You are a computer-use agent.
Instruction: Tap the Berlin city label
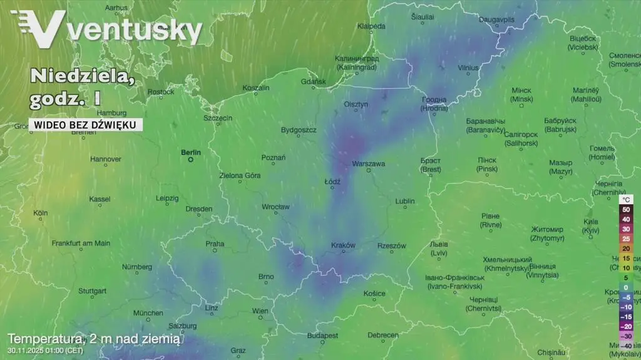pyautogui.click(x=191, y=152)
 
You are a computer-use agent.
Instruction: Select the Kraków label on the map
pyautogui.click(x=343, y=245)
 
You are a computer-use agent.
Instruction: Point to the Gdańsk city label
pyautogui.click(x=314, y=81)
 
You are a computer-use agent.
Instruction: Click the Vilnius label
pyautogui.click(x=468, y=68)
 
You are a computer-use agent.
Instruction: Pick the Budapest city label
pyautogui.click(x=323, y=336)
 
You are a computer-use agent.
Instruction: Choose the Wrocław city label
pyautogui.click(x=275, y=207)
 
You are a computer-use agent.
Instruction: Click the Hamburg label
pyautogui.click(x=112, y=113)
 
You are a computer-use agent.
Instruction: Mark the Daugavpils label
pyautogui.click(x=496, y=19)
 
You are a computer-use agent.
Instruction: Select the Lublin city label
pyautogui.click(x=405, y=201)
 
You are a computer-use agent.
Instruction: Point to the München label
pyautogui.click(x=148, y=313)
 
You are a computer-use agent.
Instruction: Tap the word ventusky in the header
pyautogui.click(x=135, y=30)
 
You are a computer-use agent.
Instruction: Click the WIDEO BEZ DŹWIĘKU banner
pyautogui.click(x=85, y=125)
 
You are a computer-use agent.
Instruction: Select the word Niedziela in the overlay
pyautogui.click(x=81, y=76)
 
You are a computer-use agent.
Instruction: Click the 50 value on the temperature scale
pyautogui.click(x=626, y=210)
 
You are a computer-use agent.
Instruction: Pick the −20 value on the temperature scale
pyautogui.click(x=625, y=326)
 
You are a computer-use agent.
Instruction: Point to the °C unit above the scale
pyautogui.click(x=626, y=200)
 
